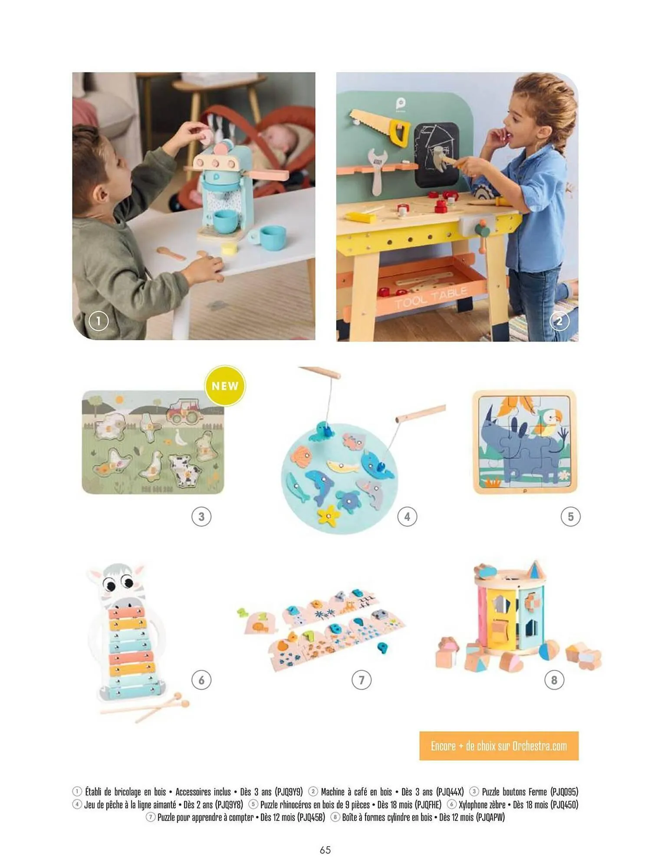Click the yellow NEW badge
pos(225,386)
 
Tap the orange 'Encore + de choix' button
pos(499,746)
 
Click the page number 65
pos(325,850)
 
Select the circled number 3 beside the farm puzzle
pos(201,516)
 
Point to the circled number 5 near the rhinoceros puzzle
pos(570,516)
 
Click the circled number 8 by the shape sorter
pos(554,680)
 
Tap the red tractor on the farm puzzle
pos(184,411)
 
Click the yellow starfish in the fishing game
pos(329,514)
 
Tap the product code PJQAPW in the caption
pos(490,817)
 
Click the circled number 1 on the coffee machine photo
pos(99,321)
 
